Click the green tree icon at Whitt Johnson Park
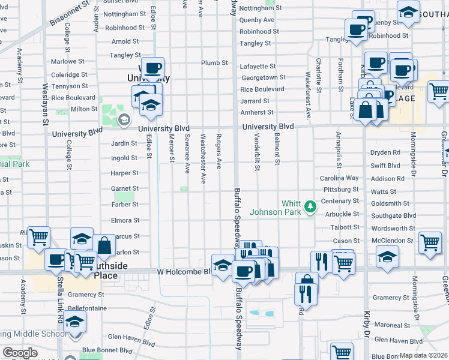pos(310,207)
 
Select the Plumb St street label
pos(214,62)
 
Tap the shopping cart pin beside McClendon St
pos(430,242)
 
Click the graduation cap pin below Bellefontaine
pos(75,322)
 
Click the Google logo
pos(20,353)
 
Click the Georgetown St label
pos(263,77)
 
